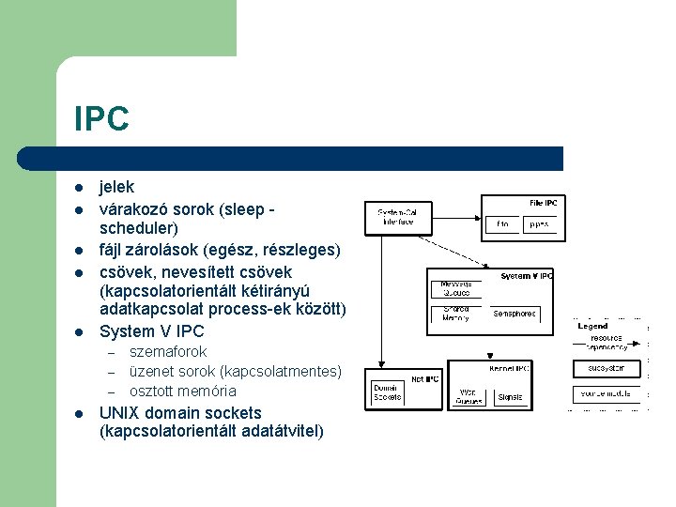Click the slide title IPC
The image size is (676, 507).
[101, 119]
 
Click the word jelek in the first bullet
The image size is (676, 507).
[117, 188]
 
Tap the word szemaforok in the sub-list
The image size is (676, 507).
[168, 351]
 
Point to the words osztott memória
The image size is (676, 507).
[182, 391]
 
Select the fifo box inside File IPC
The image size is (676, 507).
[503, 224]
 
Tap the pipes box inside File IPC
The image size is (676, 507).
[538, 224]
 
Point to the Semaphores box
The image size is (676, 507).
[514, 314]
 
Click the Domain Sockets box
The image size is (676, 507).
[387, 392]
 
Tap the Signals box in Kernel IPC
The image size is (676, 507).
[510, 396]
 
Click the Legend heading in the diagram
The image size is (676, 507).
[592, 326]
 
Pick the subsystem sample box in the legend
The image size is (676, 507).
[607, 369]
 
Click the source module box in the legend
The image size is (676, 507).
[607, 394]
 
